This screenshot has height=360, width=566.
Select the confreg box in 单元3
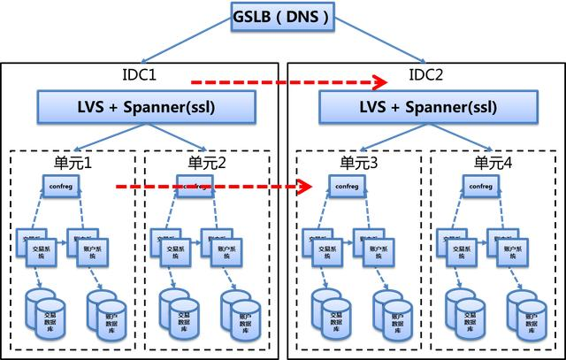[x=344, y=188]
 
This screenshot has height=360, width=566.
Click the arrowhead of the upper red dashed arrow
[x=380, y=82]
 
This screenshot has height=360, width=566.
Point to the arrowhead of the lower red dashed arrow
[x=306, y=187]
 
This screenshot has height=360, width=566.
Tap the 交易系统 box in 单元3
[x=320, y=250]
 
